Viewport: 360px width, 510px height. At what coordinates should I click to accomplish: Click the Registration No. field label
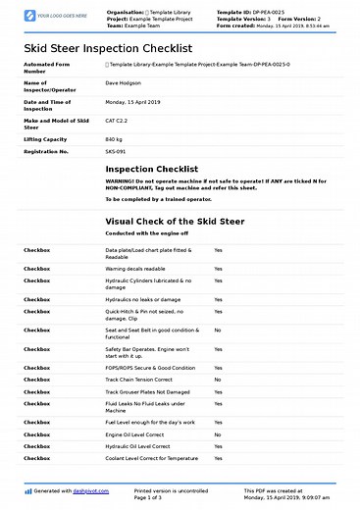(46, 152)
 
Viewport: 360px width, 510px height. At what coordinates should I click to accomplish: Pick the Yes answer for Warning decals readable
(219, 268)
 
